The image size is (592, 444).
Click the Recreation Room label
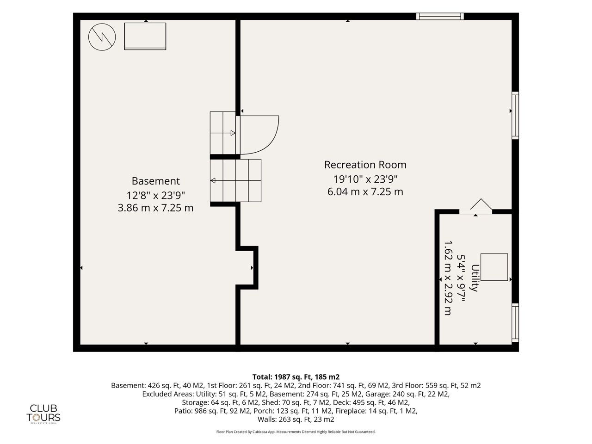click(x=365, y=165)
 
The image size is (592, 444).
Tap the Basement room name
click(x=155, y=181)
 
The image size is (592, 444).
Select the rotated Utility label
click(x=475, y=278)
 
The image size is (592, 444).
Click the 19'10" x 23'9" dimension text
click(x=365, y=179)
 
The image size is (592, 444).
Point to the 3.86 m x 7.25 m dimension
click(x=155, y=208)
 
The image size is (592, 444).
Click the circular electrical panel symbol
click(x=102, y=37)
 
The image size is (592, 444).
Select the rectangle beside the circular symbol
click(x=145, y=36)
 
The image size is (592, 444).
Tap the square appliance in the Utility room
click(x=494, y=267)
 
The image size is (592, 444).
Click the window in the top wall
click(x=440, y=16)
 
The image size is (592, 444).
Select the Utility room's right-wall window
click(x=515, y=323)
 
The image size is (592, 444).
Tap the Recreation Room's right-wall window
click(x=515, y=116)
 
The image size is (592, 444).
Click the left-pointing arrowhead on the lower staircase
click(x=213, y=180)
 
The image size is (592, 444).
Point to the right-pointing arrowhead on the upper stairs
click(x=233, y=133)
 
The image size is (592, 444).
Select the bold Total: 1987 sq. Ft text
click(x=296, y=376)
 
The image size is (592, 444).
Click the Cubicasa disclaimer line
click(x=296, y=432)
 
